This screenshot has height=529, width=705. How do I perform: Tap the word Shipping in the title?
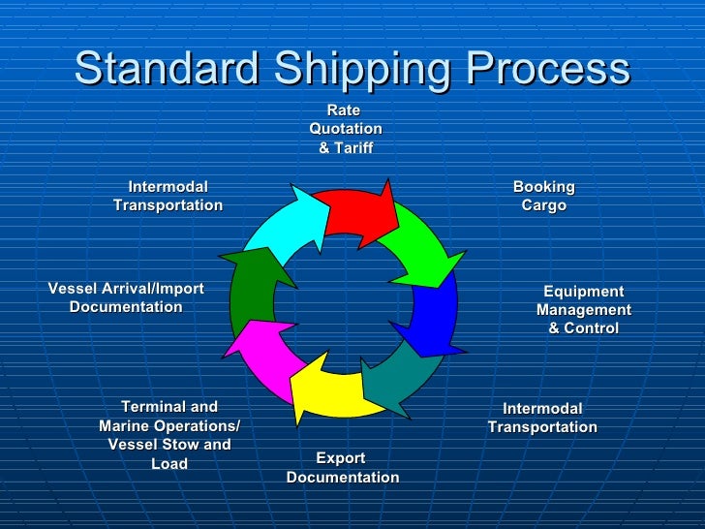pyautogui.click(x=363, y=69)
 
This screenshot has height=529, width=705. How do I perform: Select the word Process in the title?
pyautogui.click(x=549, y=69)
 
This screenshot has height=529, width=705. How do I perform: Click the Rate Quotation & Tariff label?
pyautogui.click(x=346, y=130)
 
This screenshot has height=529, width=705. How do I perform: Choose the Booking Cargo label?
pyautogui.click(x=543, y=196)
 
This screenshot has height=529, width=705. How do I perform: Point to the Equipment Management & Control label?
pyautogui.click(x=583, y=310)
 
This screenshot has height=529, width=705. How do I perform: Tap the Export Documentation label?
pyautogui.click(x=342, y=467)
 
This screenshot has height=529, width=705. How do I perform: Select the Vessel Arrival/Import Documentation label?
pyautogui.click(x=126, y=297)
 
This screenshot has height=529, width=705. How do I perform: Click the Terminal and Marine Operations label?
pyautogui.click(x=169, y=435)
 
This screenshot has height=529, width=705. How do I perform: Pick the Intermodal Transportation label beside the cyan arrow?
pyautogui.click(x=168, y=196)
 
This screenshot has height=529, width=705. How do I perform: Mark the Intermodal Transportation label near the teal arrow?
pyautogui.click(x=542, y=418)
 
